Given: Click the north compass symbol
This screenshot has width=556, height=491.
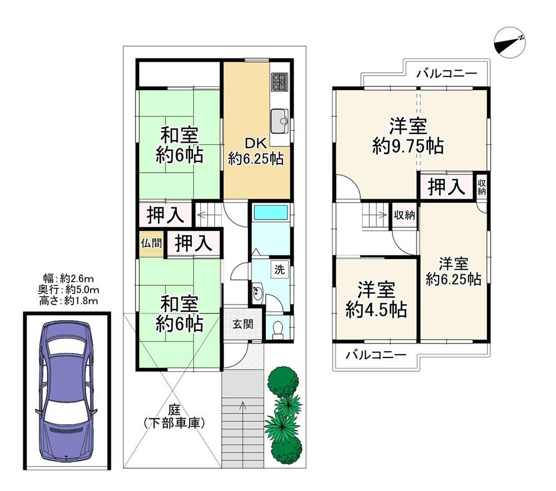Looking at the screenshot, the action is coord(509,43).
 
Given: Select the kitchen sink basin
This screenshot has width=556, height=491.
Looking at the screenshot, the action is coord(281,121).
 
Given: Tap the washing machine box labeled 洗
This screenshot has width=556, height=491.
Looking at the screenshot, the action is coord(280,270).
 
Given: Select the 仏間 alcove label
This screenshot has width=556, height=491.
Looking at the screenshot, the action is coord(151,243).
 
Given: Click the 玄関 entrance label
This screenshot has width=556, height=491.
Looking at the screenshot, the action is coord(243,324).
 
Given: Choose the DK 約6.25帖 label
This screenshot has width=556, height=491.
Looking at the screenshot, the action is coord(256,151).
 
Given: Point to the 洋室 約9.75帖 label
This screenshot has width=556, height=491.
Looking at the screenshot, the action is coord(408,136).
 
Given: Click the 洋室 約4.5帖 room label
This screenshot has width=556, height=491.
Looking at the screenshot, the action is coord(376,300).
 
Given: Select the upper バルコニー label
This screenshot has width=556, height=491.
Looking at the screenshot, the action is coord(447,74).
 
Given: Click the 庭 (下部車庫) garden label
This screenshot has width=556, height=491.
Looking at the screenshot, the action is coord(174,417).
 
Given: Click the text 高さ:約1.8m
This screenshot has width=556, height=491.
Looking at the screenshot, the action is coord(68,301).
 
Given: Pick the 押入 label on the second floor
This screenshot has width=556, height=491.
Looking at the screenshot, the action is coord(446,186).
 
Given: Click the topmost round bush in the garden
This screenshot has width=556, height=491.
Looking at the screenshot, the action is coord(282,381).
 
